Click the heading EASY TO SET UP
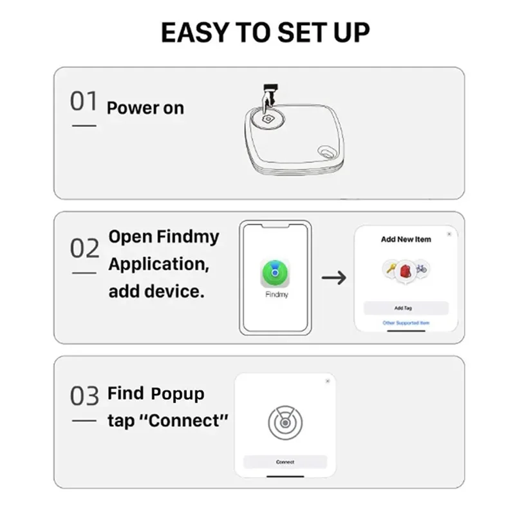pyautogui.click(x=265, y=33)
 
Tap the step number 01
pyautogui.click(x=84, y=102)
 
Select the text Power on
pyautogui.click(x=145, y=108)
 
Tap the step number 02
pyautogui.click(x=84, y=248)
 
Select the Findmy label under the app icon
pyautogui.click(x=276, y=294)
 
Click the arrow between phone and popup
pyautogui.click(x=333, y=277)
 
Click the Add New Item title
pyautogui.click(x=406, y=239)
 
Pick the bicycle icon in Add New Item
pyautogui.click(x=421, y=268)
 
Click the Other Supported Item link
pyautogui.click(x=406, y=323)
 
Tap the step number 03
pyautogui.click(x=84, y=396)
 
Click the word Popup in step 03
pyautogui.click(x=178, y=393)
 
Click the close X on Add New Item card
pyautogui.click(x=449, y=234)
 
